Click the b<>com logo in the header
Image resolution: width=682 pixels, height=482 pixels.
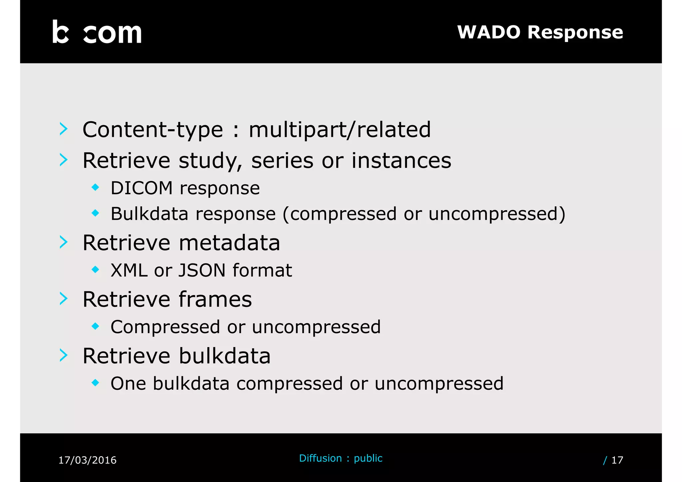pyautogui.click(x=97, y=32)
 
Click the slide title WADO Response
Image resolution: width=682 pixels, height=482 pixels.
pyautogui.click(x=540, y=32)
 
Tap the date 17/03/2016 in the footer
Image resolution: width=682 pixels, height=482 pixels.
pyautogui.click(x=87, y=460)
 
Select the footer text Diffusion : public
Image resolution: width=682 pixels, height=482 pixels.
pyautogui.click(x=341, y=458)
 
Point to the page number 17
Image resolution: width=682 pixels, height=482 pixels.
pyautogui.click(x=617, y=460)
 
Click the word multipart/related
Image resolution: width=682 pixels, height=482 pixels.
pyautogui.click(x=340, y=130)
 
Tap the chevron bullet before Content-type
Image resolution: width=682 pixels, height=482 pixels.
pyautogui.click(x=64, y=129)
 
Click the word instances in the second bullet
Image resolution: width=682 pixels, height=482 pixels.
pyautogui.click(x=401, y=161)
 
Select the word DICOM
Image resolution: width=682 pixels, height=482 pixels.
pyautogui.click(x=142, y=188)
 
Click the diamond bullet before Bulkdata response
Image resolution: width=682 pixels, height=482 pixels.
pyautogui.click(x=96, y=213)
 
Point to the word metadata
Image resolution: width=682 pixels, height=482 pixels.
pyautogui.click(x=229, y=242)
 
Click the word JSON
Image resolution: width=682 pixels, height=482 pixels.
pyautogui.click(x=202, y=270)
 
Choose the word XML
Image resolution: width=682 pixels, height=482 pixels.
pyautogui.click(x=129, y=270)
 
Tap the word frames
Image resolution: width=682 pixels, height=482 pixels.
pyautogui.click(x=215, y=299)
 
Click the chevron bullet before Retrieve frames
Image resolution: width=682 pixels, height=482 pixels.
pyautogui.click(x=64, y=298)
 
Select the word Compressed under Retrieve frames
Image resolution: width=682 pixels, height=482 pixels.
pyautogui.click(x=165, y=327)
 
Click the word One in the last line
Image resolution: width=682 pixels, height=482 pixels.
pyautogui.click(x=128, y=383)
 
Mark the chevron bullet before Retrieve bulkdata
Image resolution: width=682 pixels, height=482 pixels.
pyautogui.click(x=64, y=355)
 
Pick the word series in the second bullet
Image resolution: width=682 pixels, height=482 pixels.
pyautogui.click(x=282, y=161)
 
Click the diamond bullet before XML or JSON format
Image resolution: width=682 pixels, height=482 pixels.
pyautogui.click(x=96, y=269)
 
